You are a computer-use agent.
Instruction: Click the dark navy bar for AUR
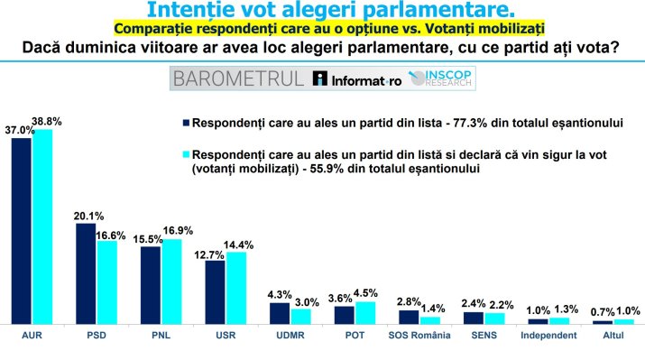[21, 230]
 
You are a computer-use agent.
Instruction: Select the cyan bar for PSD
[107, 281]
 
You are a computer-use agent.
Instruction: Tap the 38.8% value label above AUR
[47, 121]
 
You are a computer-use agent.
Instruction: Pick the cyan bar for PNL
[171, 281]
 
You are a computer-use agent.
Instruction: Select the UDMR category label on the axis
[290, 336]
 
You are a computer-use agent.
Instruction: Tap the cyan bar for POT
[365, 311]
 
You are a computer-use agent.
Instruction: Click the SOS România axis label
[419, 336]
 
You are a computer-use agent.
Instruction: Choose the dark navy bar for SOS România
[409, 316]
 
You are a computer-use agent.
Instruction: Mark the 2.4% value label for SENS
[473, 303]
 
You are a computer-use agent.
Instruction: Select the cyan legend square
[185, 154]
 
